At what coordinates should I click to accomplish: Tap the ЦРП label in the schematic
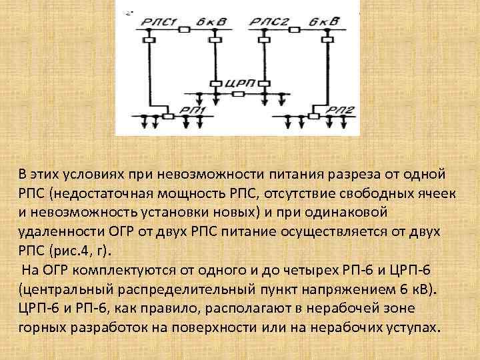pos(238,83)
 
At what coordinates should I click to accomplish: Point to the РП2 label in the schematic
pos(347,110)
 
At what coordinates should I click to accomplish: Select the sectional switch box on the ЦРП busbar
pos(238,95)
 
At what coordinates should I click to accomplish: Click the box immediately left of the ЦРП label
pos(215,83)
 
